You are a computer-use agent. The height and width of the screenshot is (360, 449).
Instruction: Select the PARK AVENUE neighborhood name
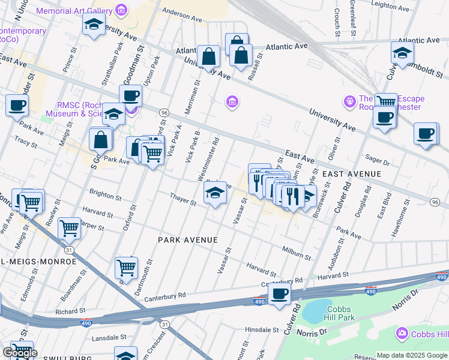coord(187,239)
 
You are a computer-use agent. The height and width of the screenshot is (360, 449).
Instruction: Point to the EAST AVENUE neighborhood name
coord(352,174)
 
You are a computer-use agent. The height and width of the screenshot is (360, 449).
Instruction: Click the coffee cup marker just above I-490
coord(279,294)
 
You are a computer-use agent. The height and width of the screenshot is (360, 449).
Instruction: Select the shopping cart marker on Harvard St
coord(70,227)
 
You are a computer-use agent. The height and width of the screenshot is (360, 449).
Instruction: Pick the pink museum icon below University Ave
coord(232,103)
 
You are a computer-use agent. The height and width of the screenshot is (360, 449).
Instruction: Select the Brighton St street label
coord(105,196)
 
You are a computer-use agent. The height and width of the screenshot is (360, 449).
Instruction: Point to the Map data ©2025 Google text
coord(412,355)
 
